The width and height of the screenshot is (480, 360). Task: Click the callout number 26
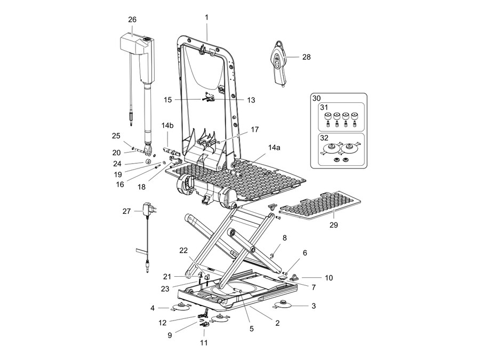coord(132,20)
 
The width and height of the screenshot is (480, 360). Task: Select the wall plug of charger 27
coord(149,209)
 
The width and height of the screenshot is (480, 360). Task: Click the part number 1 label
coord(206,18)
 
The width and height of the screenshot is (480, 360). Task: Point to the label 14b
coord(167,125)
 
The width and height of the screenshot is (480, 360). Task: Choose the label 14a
coord(274,148)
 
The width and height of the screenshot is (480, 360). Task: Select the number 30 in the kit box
coord(316,98)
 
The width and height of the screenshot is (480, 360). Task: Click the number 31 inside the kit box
coord(324,107)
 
